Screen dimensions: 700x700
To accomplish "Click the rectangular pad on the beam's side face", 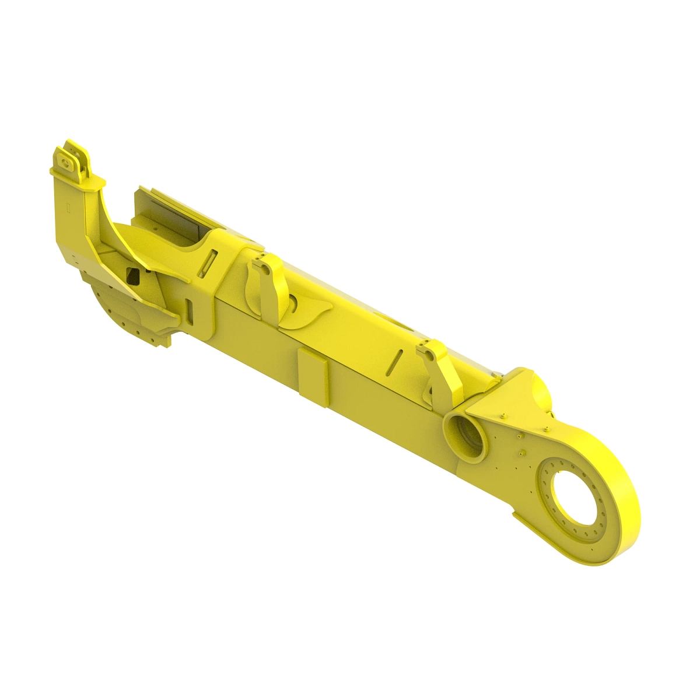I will point(313,378).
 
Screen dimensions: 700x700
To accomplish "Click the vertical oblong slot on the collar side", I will point(189,310).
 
